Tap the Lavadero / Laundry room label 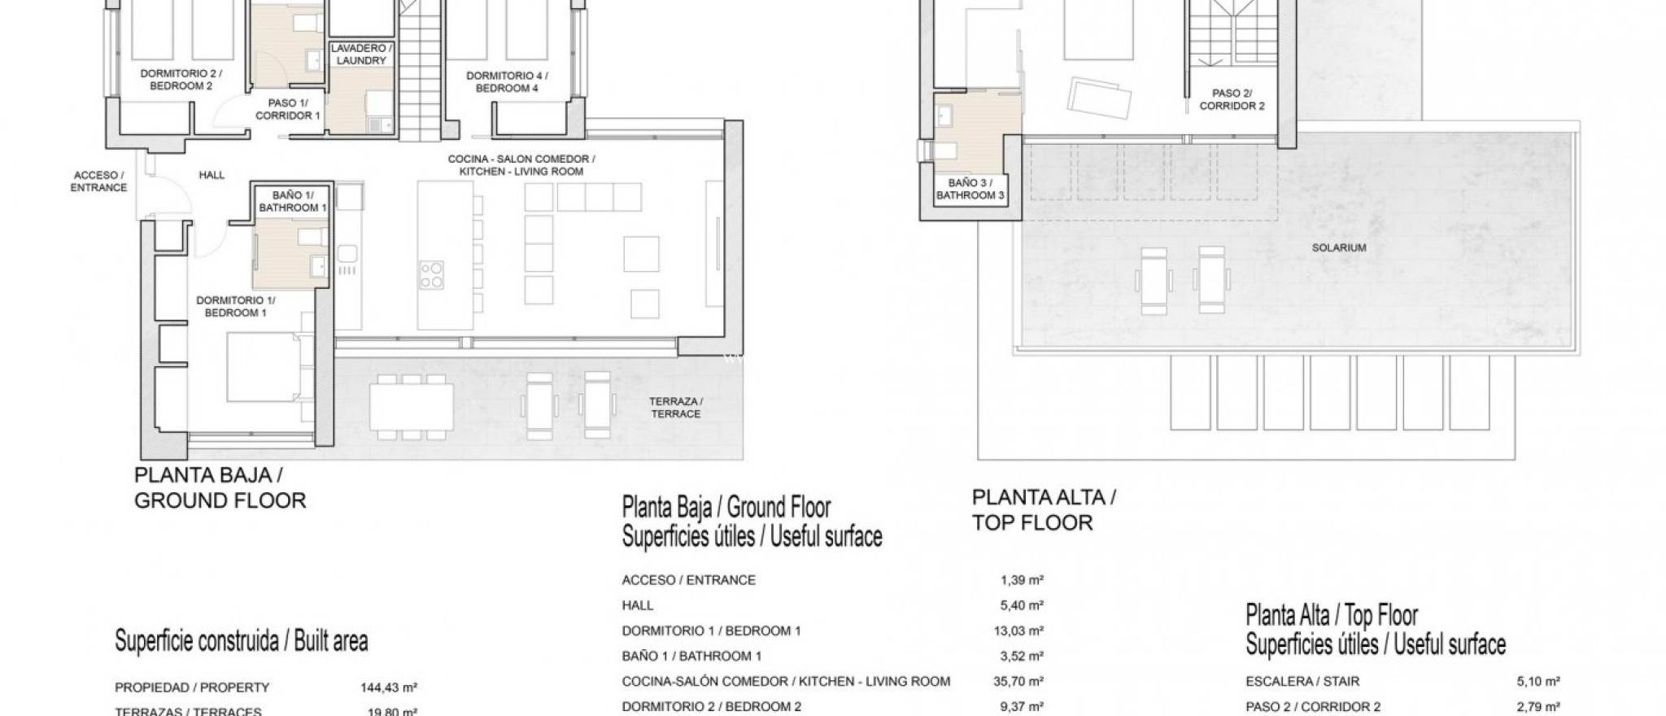pyautogui.click(x=361, y=55)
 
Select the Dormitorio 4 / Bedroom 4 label pyautogui.click(x=507, y=81)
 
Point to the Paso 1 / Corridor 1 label pyautogui.click(x=287, y=109)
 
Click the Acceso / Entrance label pyautogui.click(x=98, y=181)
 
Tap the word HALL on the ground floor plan pyautogui.click(x=212, y=175)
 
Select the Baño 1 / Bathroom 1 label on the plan pyautogui.click(x=292, y=201)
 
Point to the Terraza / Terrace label pyautogui.click(x=675, y=407)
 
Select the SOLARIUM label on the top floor pyautogui.click(x=1338, y=247)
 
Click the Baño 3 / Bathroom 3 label pyautogui.click(x=970, y=189)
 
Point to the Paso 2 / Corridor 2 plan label pyautogui.click(x=1232, y=99)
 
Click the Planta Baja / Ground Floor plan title pyautogui.click(x=219, y=487)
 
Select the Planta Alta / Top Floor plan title pyautogui.click(x=1044, y=509)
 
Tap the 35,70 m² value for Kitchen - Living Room pyautogui.click(x=1022, y=681)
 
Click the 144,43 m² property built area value pyautogui.click(x=388, y=688)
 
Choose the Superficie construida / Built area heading pyautogui.click(x=242, y=641)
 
